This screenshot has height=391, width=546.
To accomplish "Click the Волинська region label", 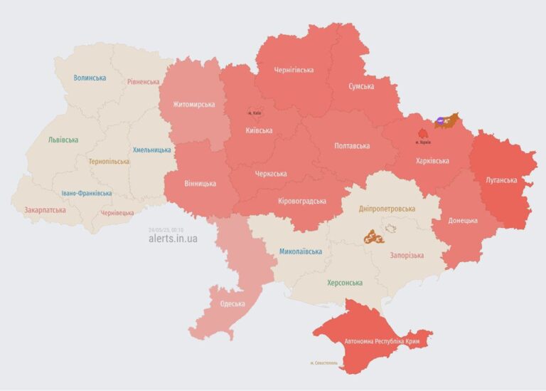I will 90,78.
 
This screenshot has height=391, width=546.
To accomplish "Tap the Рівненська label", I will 144,82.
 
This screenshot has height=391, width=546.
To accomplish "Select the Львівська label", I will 63,140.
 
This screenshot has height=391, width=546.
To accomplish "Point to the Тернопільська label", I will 109,161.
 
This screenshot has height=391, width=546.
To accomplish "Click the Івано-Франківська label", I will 86,193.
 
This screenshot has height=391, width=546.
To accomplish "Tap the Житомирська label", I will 193,105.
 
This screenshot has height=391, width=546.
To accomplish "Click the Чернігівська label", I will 294,70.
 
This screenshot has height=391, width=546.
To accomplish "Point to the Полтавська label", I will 352,146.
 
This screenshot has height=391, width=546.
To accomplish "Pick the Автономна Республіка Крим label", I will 382,341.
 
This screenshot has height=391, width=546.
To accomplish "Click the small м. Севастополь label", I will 324,363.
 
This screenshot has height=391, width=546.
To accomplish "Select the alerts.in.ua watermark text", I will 173,239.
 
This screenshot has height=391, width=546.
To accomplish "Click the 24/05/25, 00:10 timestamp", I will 166,229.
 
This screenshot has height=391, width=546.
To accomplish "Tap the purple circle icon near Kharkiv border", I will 441,122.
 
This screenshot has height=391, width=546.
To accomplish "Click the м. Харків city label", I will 423,142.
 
